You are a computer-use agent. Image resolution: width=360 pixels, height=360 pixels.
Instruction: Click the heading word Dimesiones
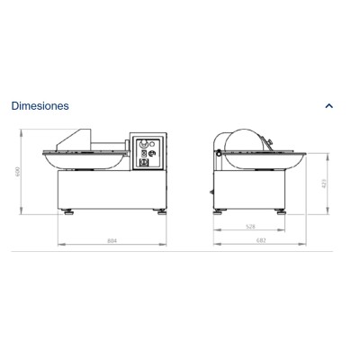(40, 105)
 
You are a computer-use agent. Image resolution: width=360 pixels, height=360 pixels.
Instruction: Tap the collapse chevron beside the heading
(328, 105)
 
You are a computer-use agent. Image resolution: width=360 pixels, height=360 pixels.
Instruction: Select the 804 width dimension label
(112, 241)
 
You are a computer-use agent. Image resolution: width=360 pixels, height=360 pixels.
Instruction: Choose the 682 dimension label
(260, 241)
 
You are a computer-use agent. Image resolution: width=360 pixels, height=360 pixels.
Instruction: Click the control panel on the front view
(148, 155)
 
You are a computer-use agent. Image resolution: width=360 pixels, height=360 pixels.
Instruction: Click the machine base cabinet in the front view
(112, 190)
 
